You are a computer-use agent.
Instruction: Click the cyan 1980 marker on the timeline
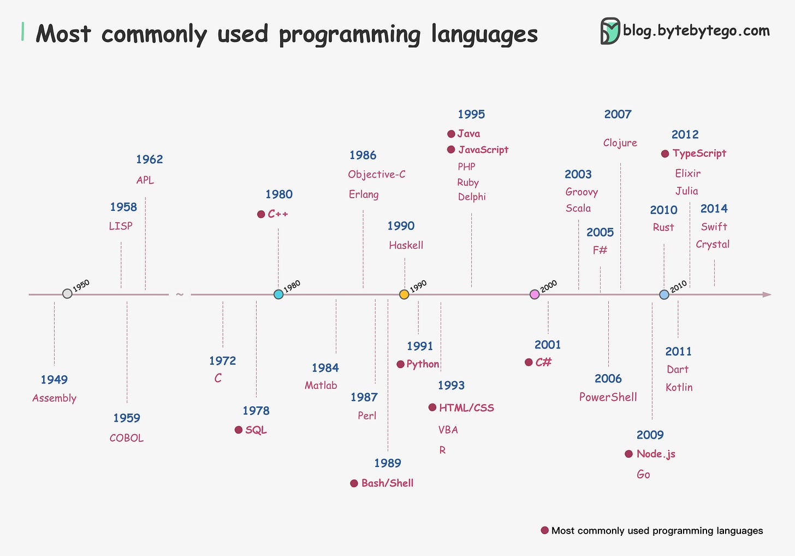[278, 294]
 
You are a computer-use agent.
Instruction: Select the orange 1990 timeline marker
[404, 294]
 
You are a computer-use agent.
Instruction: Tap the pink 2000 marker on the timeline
[535, 294]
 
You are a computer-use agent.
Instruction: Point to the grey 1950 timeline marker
[67, 294]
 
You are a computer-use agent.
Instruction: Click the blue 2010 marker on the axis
[664, 294]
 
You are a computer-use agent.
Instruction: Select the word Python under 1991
[423, 364]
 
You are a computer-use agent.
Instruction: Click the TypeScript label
[699, 153]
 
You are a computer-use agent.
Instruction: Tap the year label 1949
[54, 380]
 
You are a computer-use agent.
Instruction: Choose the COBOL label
[127, 438]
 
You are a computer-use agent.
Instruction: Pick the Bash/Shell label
[387, 483]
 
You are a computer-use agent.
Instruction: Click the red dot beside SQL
[239, 430]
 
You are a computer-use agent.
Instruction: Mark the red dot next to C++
[261, 214]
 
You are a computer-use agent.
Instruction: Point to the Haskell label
[406, 245]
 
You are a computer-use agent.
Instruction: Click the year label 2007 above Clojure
[618, 114]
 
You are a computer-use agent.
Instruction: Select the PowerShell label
[608, 397]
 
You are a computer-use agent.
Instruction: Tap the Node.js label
[656, 454]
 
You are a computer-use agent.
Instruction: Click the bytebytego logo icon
[610, 31]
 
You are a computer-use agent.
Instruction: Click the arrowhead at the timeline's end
[767, 294]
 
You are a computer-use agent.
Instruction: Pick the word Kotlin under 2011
[679, 387]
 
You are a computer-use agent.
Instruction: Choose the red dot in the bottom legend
[544, 530]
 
